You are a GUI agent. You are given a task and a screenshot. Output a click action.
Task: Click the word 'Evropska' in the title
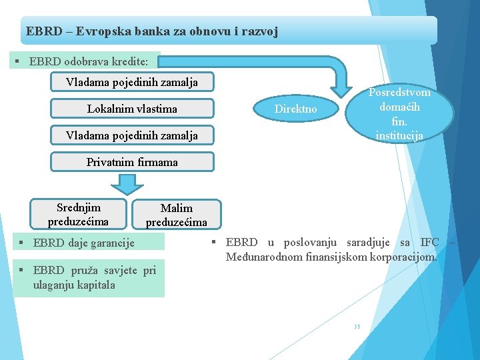point(107,31)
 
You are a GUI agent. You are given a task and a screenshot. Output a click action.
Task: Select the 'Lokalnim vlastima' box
point(132,109)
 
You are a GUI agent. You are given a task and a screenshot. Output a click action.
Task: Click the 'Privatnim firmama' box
point(132,162)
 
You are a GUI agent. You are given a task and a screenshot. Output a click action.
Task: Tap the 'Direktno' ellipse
point(297,109)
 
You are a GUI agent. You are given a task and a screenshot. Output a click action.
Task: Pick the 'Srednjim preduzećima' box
point(78,214)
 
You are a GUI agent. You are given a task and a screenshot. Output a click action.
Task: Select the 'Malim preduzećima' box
point(176,215)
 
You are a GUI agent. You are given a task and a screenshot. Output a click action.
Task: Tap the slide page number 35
point(357,326)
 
